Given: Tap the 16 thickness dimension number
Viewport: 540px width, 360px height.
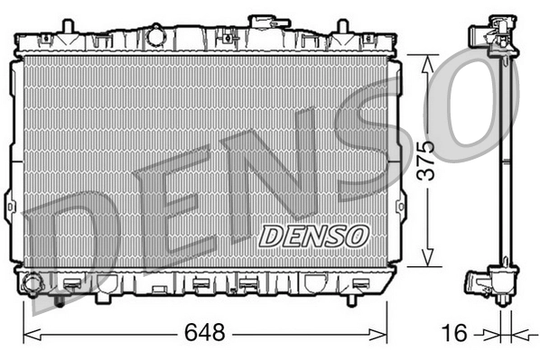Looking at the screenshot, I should coord(456,332).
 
